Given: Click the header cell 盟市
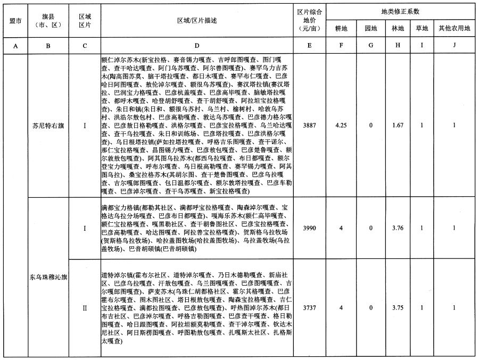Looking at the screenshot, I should point(15,20).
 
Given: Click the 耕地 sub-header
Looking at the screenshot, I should point(341,28).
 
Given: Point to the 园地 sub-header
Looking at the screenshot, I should point(370,28).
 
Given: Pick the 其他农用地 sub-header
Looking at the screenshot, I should point(454,28).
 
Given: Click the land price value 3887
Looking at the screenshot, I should point(307,125).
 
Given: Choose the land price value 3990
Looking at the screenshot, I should point(307,228).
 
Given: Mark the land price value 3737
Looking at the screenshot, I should point(307,307).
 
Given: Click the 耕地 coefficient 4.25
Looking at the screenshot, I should point(341,125).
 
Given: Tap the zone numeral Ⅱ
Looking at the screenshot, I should point(85,307).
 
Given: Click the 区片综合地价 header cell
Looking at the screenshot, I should point(307,20).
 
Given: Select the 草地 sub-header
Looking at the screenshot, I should point(422,28).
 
